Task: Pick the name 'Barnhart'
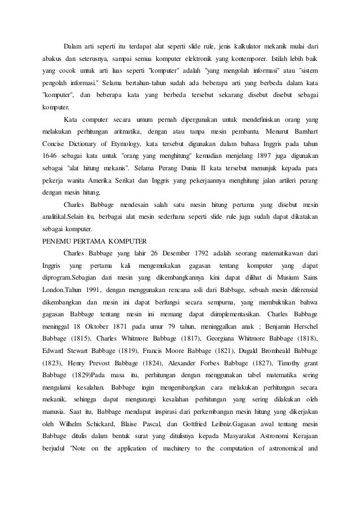click(x=304, y=131)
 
